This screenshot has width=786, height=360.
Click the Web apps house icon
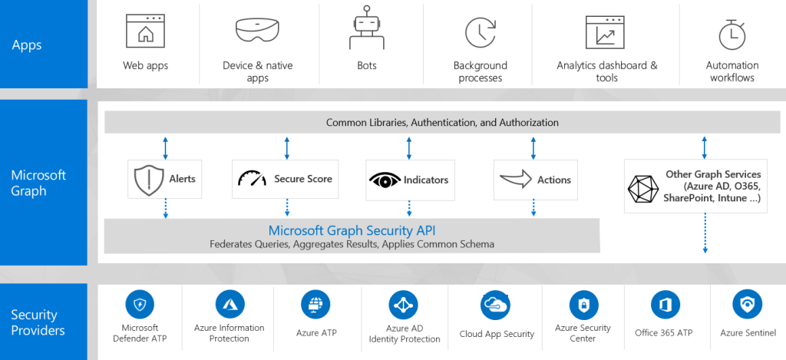click(x=145, y=31)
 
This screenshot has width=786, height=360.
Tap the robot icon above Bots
click(x=366, y=29)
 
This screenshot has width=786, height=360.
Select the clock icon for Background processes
click(x=480, y=32)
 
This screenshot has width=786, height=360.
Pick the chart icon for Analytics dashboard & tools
click(x=606, y=32)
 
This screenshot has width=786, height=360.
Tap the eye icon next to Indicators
click(x=385, y=180)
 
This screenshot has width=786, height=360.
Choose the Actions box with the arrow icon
click(x=534, y=180)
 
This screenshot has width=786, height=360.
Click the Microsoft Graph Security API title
click(x=352, y=230)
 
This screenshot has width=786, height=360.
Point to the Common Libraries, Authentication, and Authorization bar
click(x=442, y=122)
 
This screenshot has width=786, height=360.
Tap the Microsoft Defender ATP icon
click(x=139, y=305)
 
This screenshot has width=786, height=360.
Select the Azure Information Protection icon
click(x=229, y=305)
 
